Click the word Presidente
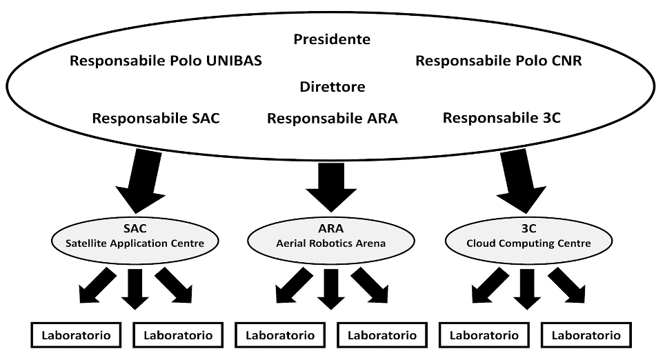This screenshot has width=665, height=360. click(332, 39)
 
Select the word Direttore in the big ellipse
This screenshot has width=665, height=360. click(332, 88)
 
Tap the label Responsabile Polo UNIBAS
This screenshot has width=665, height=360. click(166, 61)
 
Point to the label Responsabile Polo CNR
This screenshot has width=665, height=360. click(498, 61)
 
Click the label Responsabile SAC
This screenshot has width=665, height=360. click(156, 118)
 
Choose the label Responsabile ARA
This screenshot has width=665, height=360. click(332, 118)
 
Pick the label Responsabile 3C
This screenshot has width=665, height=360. click(502, 118)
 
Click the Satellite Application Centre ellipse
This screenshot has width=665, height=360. click(135, 238)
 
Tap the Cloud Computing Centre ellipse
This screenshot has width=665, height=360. click(528, 238)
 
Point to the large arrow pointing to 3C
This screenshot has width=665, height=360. click(522, 181)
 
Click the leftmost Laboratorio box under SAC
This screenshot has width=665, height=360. click(76, 336)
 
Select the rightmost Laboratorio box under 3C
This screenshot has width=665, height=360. click(586, 336)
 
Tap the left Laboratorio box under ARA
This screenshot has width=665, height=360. click(280, 336)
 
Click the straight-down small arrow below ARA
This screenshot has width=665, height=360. click(332, 288)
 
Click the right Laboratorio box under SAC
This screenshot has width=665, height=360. click(178, 336)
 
